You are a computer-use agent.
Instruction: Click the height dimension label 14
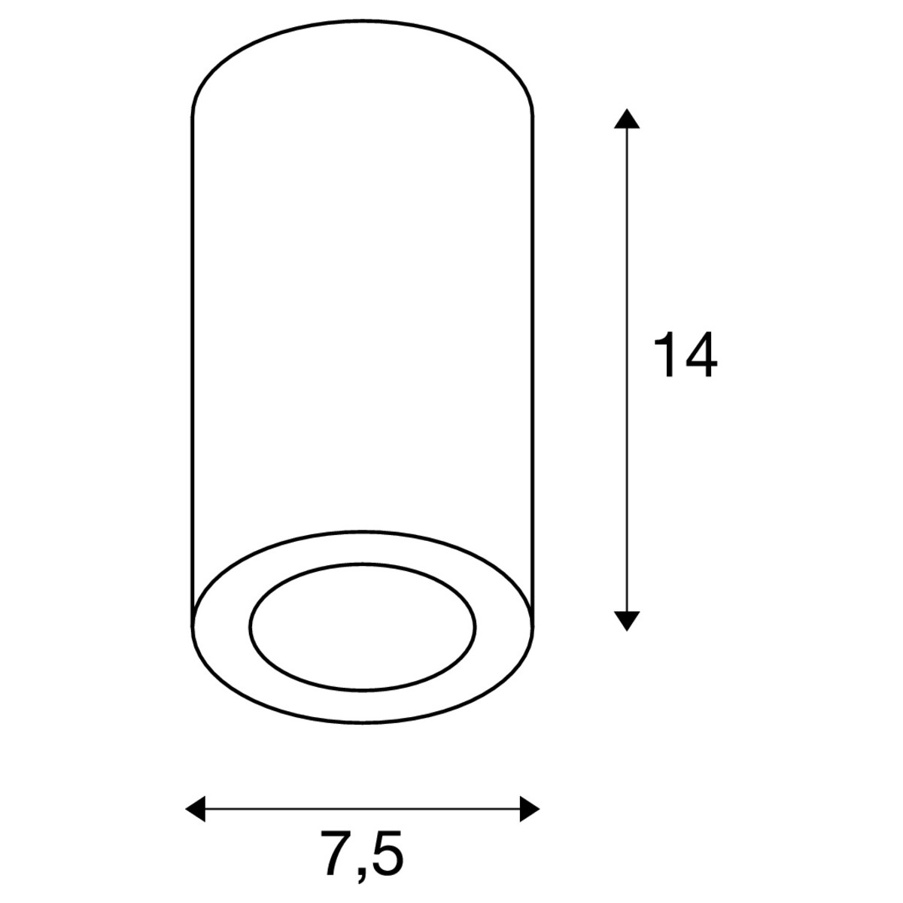685,354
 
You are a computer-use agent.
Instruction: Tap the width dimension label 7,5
362,854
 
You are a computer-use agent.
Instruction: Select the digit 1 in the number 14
664,354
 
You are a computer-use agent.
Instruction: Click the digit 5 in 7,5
388,853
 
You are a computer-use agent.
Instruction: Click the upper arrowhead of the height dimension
627,119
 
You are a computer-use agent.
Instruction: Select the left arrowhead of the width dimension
196,809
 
